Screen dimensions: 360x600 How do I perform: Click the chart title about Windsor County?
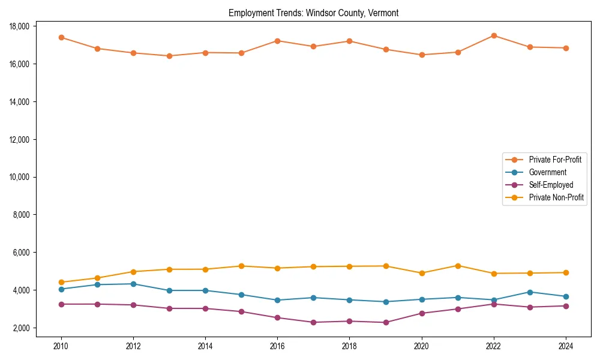313,13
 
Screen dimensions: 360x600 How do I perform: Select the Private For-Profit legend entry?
555,160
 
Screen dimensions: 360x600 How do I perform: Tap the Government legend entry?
547,172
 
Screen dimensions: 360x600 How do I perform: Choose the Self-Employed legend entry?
551,185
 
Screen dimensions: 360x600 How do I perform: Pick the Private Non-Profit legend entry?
556,197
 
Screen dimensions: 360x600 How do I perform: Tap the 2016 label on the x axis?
277,346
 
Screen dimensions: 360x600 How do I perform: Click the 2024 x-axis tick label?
566,346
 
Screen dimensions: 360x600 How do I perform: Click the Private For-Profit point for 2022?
494,35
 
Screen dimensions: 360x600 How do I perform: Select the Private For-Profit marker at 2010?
61,37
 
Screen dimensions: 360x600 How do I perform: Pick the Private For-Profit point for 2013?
169,56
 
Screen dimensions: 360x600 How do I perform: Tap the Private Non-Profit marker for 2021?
458,266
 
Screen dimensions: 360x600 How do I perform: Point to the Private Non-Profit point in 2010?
61,282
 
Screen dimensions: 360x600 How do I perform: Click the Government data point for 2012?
133,284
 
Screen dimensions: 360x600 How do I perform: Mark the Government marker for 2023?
530,292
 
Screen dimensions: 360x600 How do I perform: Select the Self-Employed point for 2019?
386,322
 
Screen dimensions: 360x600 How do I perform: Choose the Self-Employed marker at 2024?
566,306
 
